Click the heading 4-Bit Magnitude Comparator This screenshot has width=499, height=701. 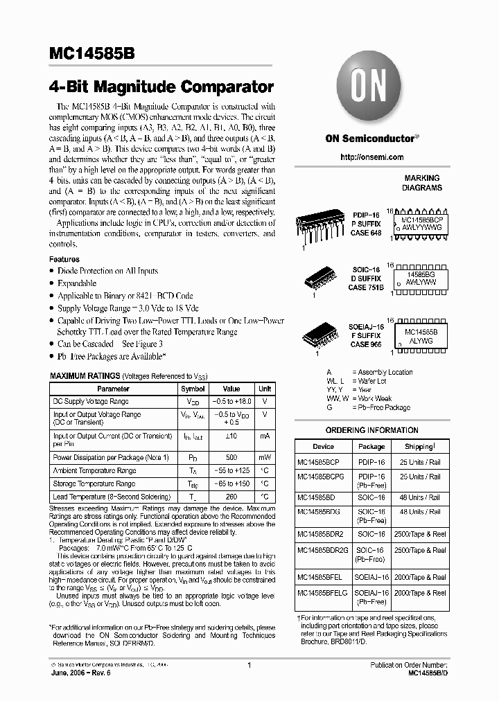161,87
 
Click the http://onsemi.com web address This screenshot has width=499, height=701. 371,157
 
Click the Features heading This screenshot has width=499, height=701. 64,259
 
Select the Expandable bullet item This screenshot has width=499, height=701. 77,283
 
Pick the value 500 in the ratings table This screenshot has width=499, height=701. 231,457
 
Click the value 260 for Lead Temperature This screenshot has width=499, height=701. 231,497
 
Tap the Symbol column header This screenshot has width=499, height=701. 193,389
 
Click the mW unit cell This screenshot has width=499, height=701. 265,457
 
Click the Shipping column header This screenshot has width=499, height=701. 419,447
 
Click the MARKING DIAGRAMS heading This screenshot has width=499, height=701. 422,183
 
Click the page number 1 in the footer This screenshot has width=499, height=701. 248,664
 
